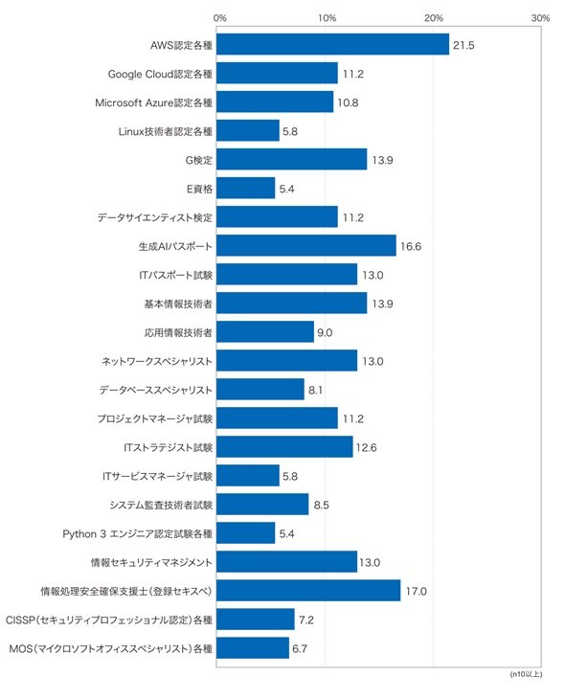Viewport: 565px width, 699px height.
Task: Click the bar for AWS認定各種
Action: coord(332,44)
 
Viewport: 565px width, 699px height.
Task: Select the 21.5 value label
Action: coord(463,45)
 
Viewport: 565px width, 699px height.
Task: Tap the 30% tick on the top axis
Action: coord(540,18)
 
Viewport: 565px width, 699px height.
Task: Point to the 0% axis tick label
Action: coord(220,18)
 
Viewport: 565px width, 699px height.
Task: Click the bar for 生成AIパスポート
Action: coord(306,245)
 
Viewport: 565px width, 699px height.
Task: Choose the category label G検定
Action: coord(199,160)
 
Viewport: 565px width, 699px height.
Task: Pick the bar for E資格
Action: coord(246,188)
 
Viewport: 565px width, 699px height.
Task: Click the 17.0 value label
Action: coord(416,591)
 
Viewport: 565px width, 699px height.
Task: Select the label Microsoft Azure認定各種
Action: coord(153,102)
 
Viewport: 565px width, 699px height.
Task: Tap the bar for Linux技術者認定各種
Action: coord(248,130)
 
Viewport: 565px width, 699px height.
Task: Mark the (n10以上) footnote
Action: coord(526,674)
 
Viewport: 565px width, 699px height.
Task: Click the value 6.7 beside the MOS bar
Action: coord(300,648)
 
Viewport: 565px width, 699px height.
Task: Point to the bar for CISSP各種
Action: coord(256,619)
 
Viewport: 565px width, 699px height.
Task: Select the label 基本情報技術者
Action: coord(178,304)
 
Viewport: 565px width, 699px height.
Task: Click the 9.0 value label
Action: coord(325,332)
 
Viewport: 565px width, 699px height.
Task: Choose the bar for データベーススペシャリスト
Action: coord(260,389)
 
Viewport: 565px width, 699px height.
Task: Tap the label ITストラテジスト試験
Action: coord(169,447)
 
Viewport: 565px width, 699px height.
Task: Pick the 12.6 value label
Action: coord(366,447)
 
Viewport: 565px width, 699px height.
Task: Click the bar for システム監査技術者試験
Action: coord(262,504)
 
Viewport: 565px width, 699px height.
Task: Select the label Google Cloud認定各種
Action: coord(160,74)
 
